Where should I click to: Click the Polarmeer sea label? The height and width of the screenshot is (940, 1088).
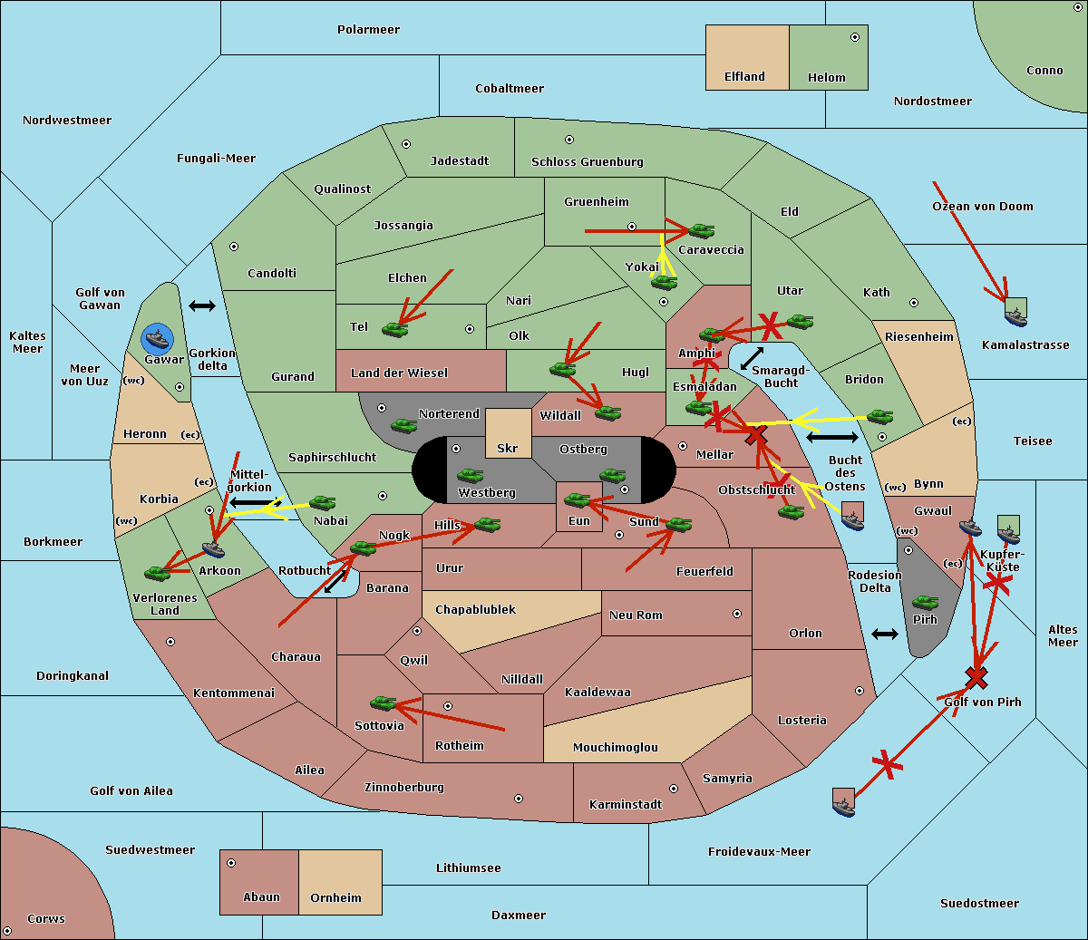[x=368, y=30]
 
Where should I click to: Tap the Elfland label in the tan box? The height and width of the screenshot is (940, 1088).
[x=744, y=77]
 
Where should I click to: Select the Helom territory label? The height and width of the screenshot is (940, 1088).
[x=826, y=78]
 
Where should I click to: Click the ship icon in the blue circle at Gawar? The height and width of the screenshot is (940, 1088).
[x=158, y=339]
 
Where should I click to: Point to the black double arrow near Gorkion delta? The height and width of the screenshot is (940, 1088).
[x=202, y=306]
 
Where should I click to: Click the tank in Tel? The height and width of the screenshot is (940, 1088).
[x=394, y=330]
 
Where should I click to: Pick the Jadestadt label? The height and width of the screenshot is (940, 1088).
[x=459, y=161]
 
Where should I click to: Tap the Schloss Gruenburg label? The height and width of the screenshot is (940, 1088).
[x=587, y=162]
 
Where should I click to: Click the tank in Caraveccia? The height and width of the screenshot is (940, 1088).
[x=701, y=231]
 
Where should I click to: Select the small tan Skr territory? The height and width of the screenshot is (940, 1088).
[x=508, y=433]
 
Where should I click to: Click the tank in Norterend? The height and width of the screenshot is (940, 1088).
[x=403, y=425]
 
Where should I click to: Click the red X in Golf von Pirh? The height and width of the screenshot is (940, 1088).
[x=976, y=677]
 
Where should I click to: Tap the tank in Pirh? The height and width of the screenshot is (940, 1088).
[x=925, y=603]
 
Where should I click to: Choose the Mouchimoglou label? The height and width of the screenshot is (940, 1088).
[x=615, y=748]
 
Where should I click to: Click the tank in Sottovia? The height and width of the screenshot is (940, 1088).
[x=384, y=703]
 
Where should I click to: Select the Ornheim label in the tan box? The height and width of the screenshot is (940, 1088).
[x=335, y=898]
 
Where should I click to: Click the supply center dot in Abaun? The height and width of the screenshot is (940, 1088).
[x=231, y=863]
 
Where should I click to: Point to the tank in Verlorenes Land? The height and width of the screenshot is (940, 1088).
[x=158, y=573]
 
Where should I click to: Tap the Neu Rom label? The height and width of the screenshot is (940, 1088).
[x=636, y=615]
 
